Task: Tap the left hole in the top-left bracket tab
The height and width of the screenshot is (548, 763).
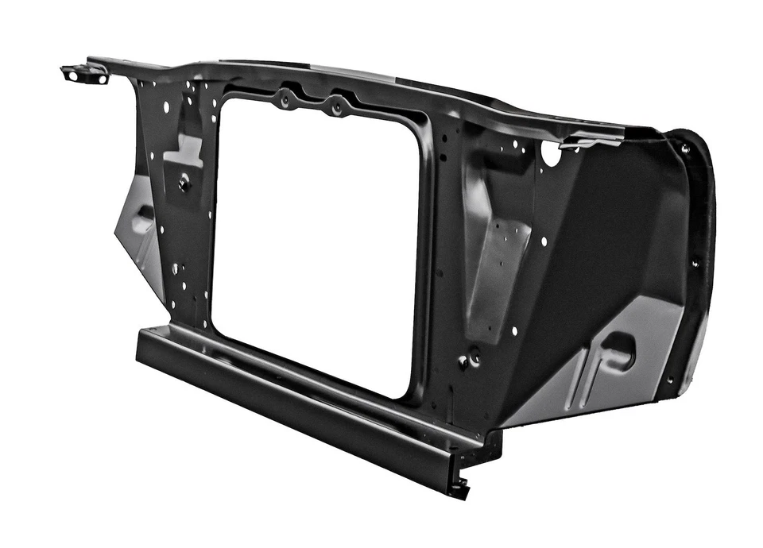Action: tap(74, 75)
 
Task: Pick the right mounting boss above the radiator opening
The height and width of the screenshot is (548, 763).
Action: tap(337, 106)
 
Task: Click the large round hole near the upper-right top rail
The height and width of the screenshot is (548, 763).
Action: tap(551, 153)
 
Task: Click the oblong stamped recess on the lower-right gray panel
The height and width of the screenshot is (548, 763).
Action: tap(619, 350)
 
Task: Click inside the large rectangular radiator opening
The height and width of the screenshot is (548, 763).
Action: tap(318, 246)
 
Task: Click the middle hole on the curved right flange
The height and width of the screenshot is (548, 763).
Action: tap(694, 264)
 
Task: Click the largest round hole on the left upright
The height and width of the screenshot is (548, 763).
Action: tap(166, 106)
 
